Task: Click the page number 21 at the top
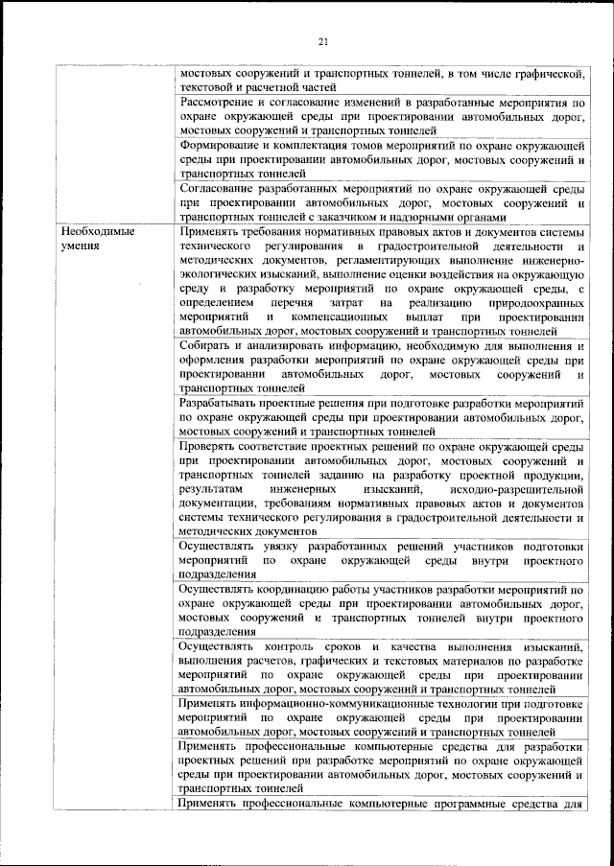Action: tap(322, 39)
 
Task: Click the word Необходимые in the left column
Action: tap(99, 231)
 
